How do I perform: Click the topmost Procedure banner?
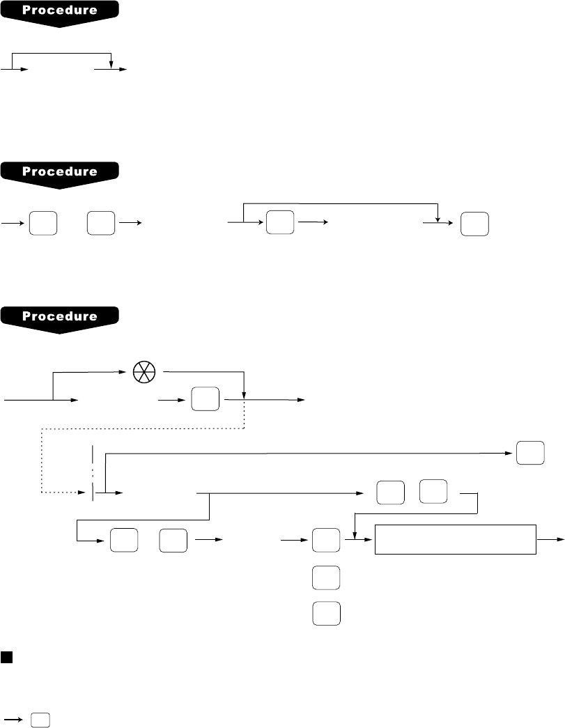60,12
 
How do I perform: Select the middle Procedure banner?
60,171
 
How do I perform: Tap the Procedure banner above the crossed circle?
60,316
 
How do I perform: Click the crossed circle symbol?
145,373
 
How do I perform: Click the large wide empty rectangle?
456,539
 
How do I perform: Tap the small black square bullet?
6,658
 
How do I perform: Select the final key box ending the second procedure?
474,224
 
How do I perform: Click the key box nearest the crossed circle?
205,401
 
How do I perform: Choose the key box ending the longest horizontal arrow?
529,454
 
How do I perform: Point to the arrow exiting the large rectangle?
550,539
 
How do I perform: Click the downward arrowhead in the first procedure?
111,65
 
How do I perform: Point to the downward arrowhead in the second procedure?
437,213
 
